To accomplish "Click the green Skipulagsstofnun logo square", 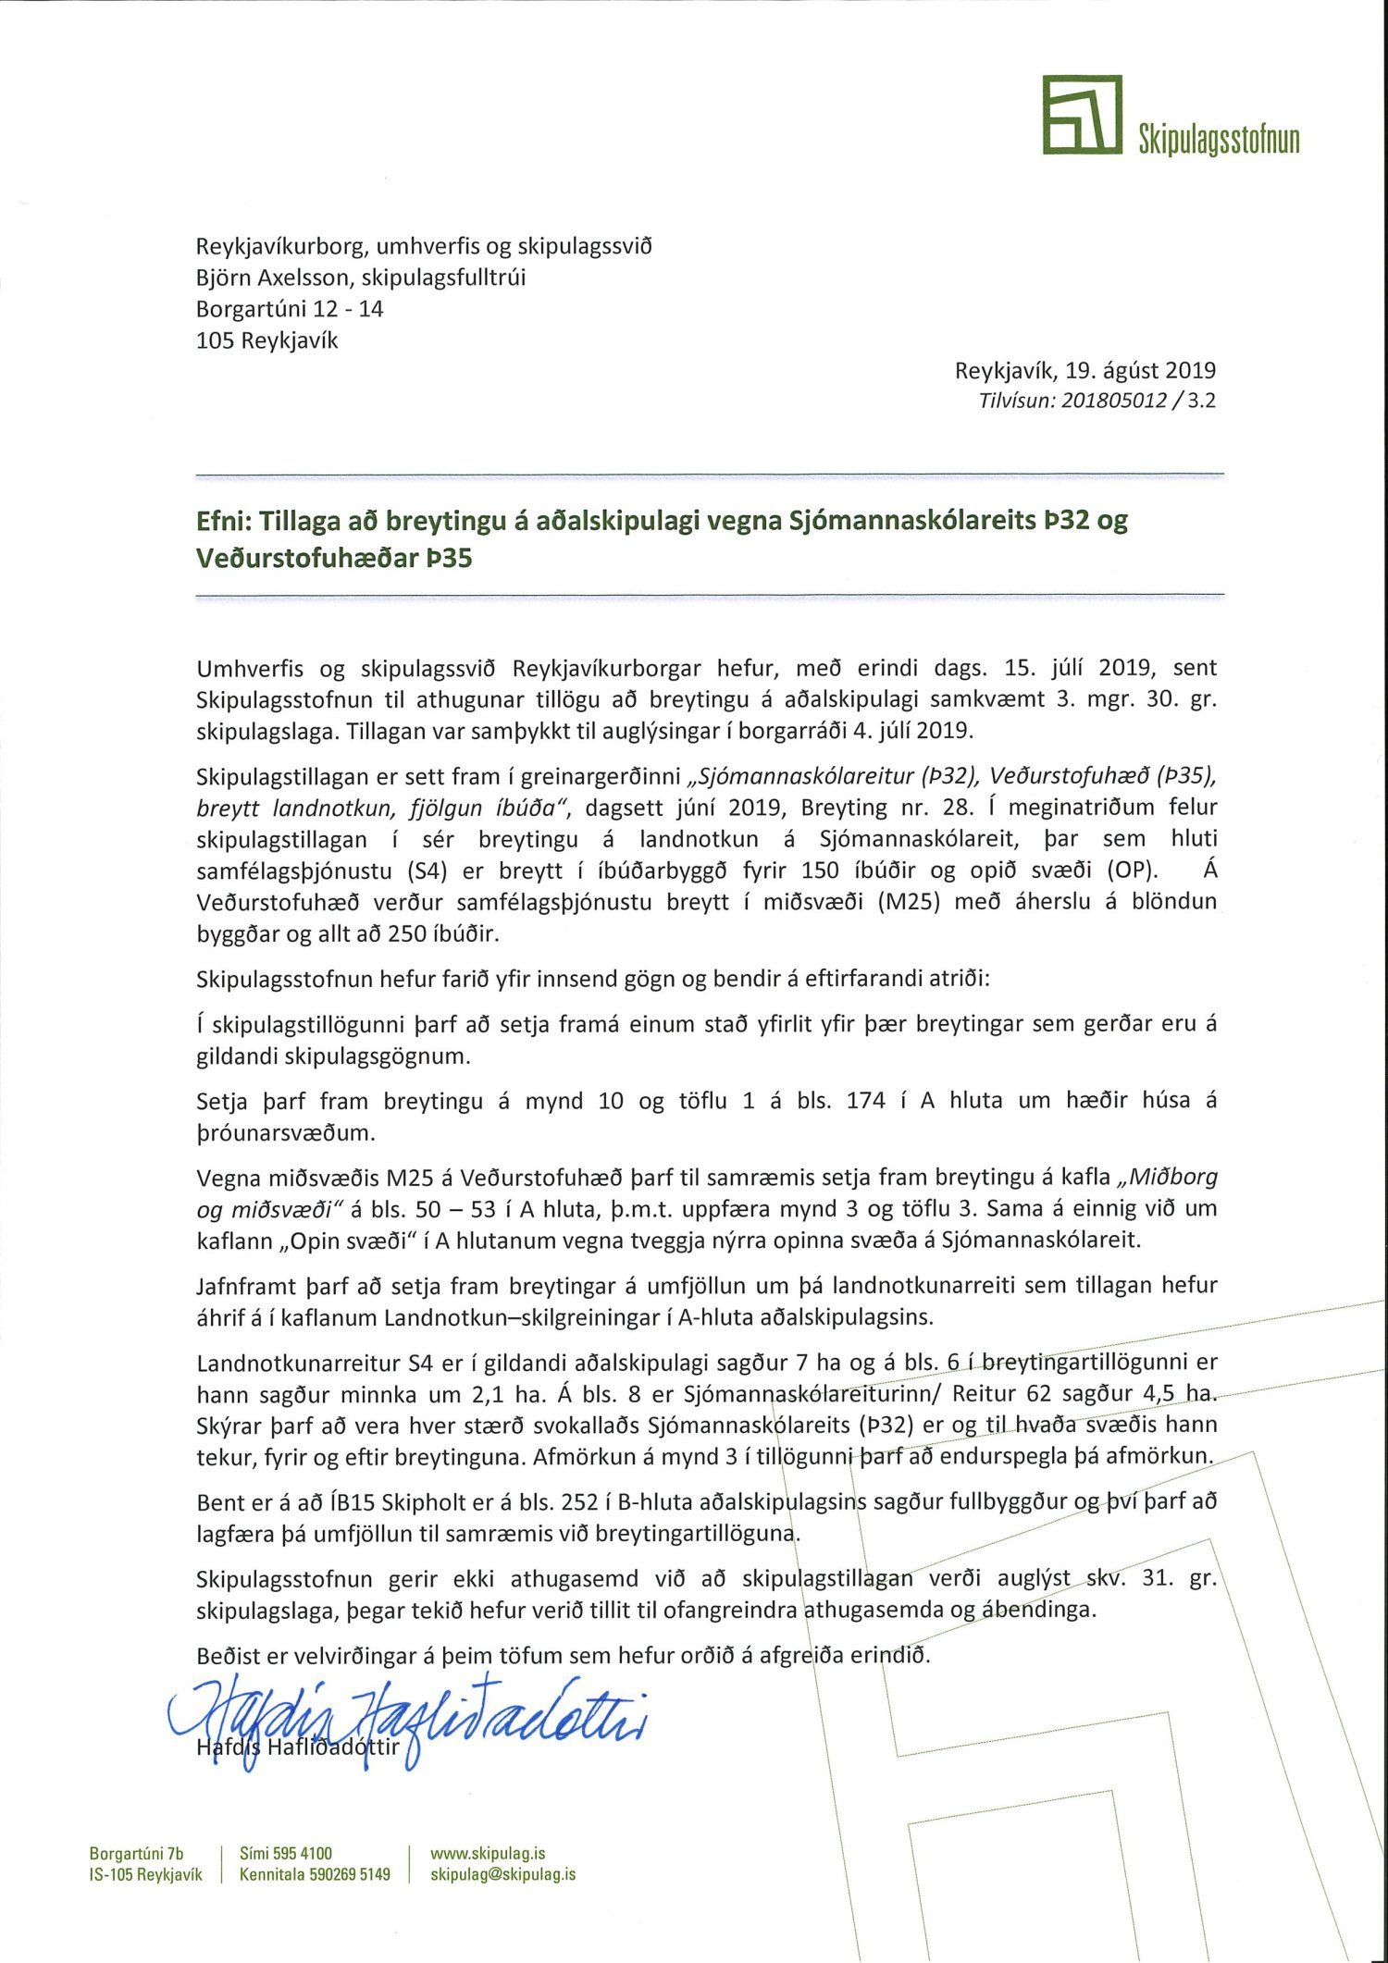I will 1082,115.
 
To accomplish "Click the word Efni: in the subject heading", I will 223,520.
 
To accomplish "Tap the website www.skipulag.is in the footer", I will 488,1853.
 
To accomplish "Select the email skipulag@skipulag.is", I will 503,1874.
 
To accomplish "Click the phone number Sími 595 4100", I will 285,1853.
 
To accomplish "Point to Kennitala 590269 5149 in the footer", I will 315,1874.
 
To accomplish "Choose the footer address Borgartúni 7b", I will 136,1853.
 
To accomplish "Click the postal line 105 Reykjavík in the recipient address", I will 267,340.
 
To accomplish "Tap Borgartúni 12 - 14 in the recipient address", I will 290,309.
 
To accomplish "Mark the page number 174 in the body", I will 866,1101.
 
